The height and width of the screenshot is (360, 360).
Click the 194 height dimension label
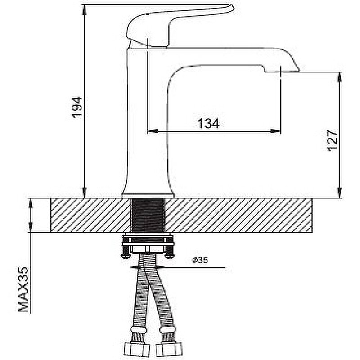(77, 107)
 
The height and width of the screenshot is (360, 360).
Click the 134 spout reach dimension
(208, 123)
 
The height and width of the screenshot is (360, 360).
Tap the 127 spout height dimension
(332, 140)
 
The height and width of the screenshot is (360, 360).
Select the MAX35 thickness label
(23, 289)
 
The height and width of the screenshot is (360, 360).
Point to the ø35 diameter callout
(200, 260)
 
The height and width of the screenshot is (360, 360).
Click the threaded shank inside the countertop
(148, 215)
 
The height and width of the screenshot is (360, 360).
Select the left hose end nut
(137, 350)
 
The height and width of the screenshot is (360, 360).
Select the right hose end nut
(169, 349)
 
